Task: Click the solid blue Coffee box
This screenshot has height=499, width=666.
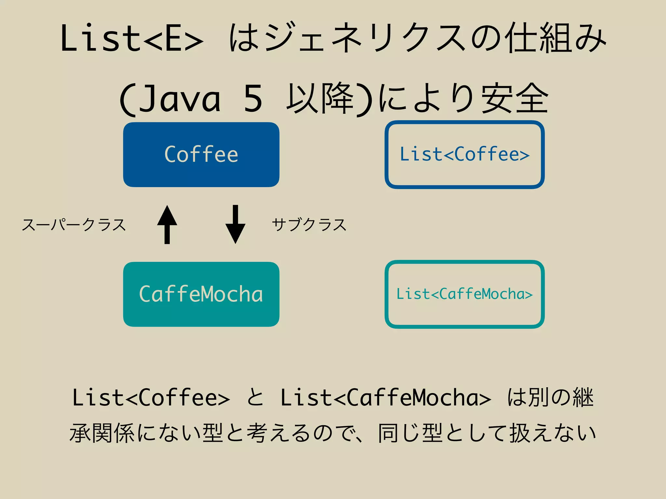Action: (x=201, y=155)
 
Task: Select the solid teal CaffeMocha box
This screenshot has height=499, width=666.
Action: (x=201, y=294)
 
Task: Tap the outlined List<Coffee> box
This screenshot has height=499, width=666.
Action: (x=464, y=155)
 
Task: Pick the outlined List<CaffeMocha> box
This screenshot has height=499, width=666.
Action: (x=464, y=294)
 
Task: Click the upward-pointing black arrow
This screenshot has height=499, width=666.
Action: (x=167, y=224)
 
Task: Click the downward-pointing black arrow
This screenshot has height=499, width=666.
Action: (x=235, y=224)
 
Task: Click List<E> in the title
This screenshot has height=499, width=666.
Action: (x=132, y=38)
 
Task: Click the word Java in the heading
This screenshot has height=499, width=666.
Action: (x=180, y=99)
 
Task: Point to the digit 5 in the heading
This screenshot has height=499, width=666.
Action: (x=253, y=99)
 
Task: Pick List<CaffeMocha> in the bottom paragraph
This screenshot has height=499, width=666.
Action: (x=386, y=398)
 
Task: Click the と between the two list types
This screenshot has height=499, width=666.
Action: (x=255, y=398)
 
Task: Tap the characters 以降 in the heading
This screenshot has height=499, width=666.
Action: (x=320, y=99)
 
